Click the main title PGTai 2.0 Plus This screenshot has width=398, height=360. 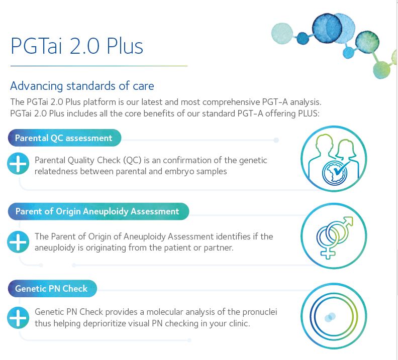77,46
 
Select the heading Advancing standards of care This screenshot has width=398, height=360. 82,86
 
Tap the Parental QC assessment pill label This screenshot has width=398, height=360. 64,138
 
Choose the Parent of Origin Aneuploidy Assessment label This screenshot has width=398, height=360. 98,211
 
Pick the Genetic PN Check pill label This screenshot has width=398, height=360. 52,289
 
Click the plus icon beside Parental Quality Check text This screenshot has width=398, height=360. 18,164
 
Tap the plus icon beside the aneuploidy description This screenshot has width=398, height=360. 18,242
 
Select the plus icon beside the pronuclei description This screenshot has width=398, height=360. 18,318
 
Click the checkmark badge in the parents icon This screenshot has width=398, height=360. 335,172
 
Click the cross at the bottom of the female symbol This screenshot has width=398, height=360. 328,253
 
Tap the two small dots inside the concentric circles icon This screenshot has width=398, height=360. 330,317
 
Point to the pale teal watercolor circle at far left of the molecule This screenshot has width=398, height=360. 282,34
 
